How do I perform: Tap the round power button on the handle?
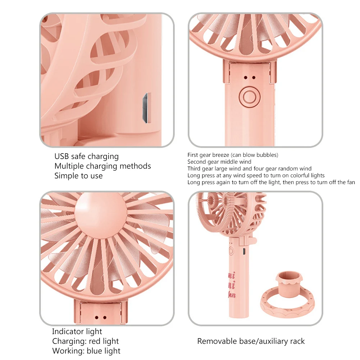pyautogui.click(x=250, y=97)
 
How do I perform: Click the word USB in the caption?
pyautogui.click(x=61, y=156)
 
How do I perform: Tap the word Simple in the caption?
pyautogui.click(x=65, y=176)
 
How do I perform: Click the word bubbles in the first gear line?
pyautogui.click(x=266, y=155)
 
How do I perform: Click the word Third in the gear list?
pyautogui.click(x=194, y=169)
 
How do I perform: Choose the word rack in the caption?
pyautogui.click(x=297, y=341)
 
